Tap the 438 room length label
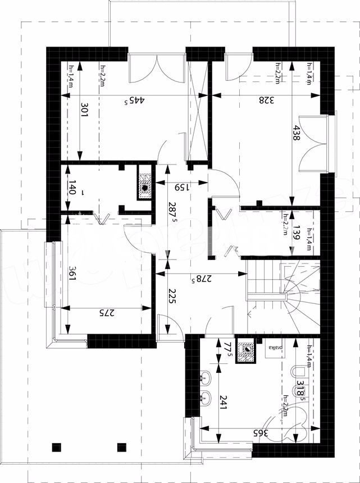[297, 133]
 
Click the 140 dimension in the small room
[72, 186]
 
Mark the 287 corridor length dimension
[172, 212]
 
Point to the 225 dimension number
[172, 296]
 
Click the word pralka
[274, 348]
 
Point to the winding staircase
[285, 297]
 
